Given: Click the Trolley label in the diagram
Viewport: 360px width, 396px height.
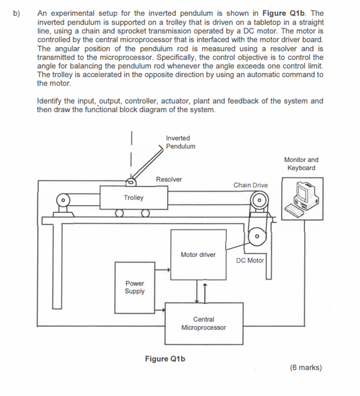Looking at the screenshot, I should [133, 198].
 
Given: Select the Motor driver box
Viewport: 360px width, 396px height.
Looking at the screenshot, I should [198, 255].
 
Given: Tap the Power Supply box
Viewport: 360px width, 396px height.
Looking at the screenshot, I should [134, 288].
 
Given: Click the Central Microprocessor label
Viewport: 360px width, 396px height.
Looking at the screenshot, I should [203, 324].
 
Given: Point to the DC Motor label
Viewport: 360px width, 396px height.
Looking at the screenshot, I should [251, 260].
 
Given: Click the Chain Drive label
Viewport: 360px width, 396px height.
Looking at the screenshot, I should [251, 185].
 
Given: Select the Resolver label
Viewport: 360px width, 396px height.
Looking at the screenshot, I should [168, 179].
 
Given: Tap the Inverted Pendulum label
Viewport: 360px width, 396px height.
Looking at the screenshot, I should [180, 142].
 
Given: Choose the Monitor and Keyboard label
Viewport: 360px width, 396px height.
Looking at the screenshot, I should [301, 164].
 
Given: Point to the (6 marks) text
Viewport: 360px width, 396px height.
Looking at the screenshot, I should [306, 367].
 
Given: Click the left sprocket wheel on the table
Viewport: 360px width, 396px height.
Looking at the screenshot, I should [64, 203].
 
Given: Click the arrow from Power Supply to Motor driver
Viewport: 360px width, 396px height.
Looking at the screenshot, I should [162, 269].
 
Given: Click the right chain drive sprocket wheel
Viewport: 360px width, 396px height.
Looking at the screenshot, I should [259, 202].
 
